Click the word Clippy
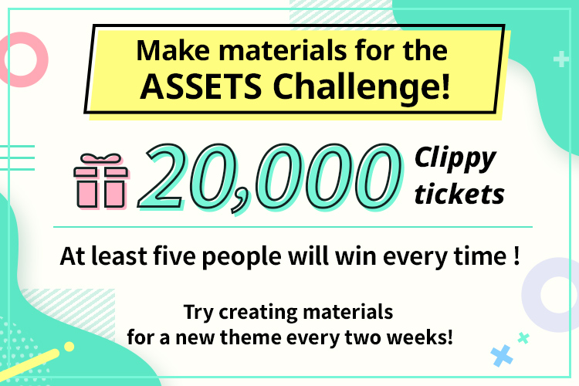[x=454, y=158]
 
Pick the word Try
[x=198, y=313]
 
